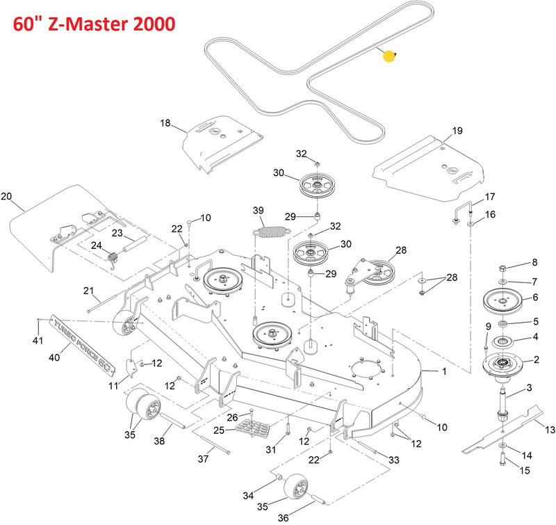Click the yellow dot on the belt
389,57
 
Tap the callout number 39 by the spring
259,211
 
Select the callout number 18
165,124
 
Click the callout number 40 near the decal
53,357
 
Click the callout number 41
38,341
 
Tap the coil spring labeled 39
268,228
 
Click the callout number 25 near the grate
218,431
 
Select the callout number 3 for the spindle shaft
529,388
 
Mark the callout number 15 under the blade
525,471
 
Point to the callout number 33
394,460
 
